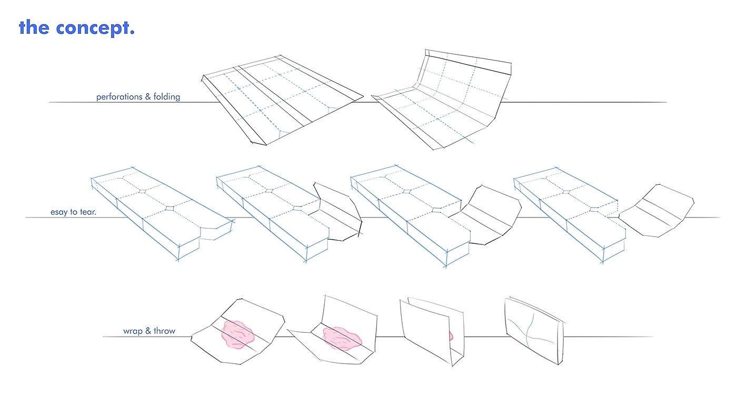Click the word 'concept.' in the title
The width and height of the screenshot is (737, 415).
96,27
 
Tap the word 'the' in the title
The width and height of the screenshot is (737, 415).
34,27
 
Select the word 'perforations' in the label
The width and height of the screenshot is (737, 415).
119,97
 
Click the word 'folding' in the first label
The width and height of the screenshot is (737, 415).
167,97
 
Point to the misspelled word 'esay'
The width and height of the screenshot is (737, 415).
59,212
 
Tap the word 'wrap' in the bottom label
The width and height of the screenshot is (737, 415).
133,331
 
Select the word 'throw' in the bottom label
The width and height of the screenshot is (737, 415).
164,331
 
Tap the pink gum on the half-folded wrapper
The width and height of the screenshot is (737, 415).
341,338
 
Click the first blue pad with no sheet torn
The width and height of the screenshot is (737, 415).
158,211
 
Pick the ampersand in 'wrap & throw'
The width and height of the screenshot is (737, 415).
148,331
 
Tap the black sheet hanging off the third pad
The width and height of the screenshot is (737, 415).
490,216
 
